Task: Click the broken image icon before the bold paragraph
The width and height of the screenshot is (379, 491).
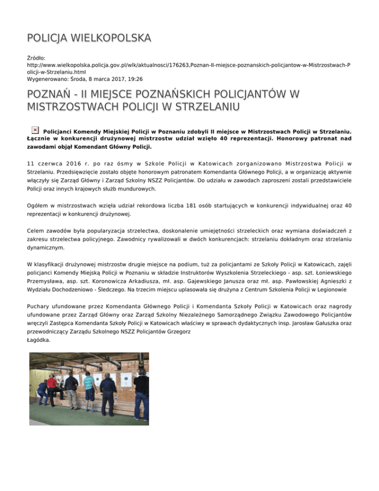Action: pos(35,129)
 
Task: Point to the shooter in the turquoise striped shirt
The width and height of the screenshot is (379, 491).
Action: pos(89,386)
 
